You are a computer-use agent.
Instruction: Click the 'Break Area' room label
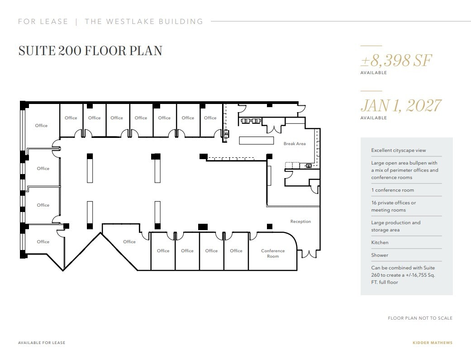[295, 144]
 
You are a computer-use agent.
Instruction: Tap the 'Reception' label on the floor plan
[300, 222]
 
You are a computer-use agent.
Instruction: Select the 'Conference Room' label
[273, 254]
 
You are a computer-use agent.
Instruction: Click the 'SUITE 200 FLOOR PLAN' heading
[90, 51]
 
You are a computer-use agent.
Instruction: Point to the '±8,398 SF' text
[396, 60]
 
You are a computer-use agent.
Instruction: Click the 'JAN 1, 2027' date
[400, 105]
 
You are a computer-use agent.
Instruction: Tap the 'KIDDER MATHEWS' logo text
[432, 343]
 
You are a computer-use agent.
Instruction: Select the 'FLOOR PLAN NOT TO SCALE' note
[420, 318]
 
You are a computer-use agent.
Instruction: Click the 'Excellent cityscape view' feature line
[398, 151]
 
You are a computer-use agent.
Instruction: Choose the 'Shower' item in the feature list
[380, 255]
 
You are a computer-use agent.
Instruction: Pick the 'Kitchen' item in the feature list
[380, 243]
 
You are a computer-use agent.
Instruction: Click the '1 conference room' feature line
[392, 190]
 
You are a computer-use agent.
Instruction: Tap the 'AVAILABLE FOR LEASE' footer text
[42, 343]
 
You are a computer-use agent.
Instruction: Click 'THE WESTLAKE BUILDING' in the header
[144, 21]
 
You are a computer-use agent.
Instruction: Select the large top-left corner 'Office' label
[41, 126]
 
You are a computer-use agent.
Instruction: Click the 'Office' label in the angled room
[129, 242]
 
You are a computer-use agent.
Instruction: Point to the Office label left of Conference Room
[236, 251]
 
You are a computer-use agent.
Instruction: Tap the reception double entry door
[309, 254]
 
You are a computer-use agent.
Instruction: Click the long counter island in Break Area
[256, 141]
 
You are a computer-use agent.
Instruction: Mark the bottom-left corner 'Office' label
[43, 242]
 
